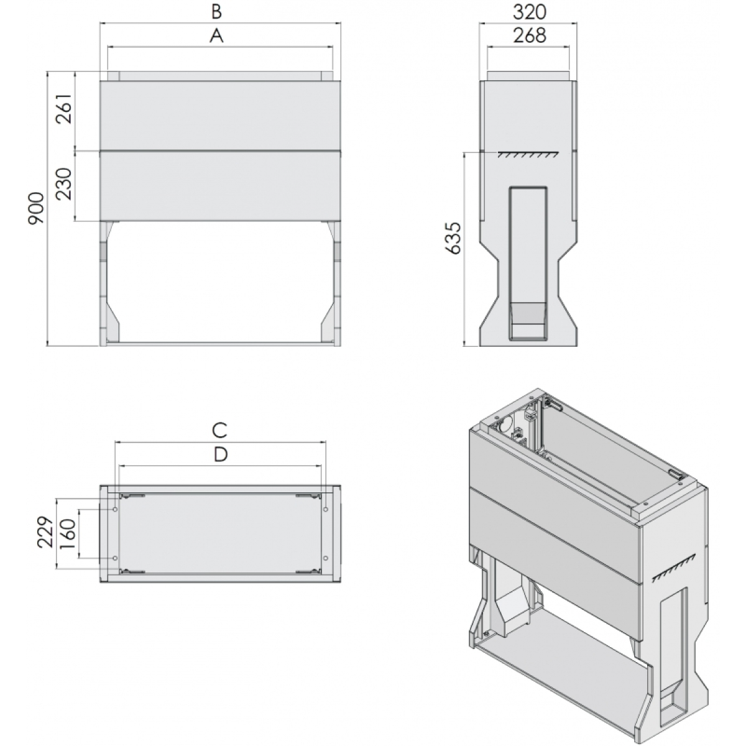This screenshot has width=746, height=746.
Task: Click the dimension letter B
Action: tap(216, 12)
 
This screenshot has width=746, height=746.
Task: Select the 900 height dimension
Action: tap(37, 208)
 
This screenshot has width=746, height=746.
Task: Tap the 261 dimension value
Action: tap(64, 108)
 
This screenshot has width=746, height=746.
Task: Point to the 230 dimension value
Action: tap(64, 184)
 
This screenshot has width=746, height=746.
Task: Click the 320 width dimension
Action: tap(530, 12)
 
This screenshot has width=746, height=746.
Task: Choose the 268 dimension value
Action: tap(530, 35)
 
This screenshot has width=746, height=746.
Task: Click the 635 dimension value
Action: tap(453, 239)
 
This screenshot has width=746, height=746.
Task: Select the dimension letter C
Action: tap(219, 430)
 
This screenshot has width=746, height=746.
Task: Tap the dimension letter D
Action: tap(220, 454)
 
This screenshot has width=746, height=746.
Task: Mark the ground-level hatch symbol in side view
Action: tap(528, 154)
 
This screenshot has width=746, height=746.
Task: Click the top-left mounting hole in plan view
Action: tap(115, 509)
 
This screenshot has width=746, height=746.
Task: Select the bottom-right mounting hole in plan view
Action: tap(326, 558)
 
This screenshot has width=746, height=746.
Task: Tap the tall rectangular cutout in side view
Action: tap(528, 263)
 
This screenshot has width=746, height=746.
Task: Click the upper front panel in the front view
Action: tap(220, 116)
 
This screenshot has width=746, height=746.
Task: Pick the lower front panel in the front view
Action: tap(220, 186)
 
